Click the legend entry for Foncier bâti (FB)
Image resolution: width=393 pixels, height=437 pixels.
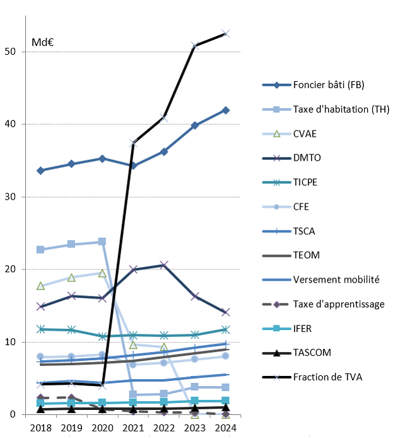329,85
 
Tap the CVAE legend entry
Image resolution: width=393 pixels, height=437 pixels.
305,133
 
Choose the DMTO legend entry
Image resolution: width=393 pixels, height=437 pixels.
307,158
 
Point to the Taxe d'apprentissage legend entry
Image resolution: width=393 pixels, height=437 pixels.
339,304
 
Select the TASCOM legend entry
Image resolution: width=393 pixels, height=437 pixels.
312,353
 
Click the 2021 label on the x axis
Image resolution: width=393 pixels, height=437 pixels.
133,428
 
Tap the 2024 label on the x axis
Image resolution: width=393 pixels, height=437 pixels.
226,428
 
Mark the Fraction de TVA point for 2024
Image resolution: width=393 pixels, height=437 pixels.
226,33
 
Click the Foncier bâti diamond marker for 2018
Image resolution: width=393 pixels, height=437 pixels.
41,171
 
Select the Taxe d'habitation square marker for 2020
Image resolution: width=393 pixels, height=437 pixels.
102,242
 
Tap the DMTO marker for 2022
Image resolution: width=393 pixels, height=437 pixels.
164,265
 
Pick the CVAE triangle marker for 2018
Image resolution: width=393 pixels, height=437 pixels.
41,286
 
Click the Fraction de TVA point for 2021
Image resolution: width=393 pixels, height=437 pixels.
133,143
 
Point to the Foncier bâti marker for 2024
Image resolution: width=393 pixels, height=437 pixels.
226,110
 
